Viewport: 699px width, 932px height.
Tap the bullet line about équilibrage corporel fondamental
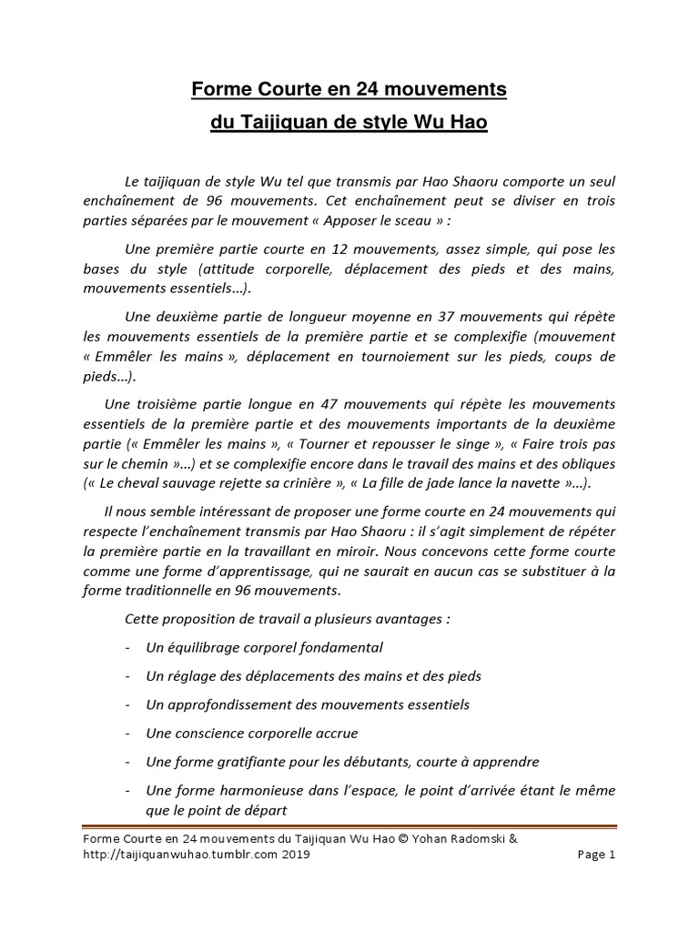[264, 648]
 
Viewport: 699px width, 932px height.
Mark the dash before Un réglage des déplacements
[124, 676]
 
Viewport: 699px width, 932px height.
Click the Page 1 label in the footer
[598, 856]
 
